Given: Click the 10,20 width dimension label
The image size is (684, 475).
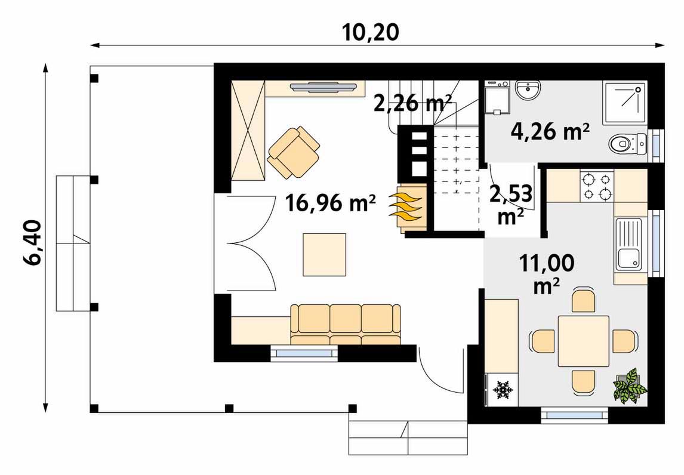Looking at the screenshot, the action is pyautogui.click(x=370, y=32).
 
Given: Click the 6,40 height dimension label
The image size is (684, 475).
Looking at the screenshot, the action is pyautogui.click(x=33, y=242).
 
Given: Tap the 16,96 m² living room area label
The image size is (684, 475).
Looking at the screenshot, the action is pyautogui.click(x=330, y=203).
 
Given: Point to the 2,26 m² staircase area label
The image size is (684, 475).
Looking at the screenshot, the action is pyautogui.click(x=412, y=103).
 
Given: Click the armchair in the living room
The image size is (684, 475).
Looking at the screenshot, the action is pyautogui.click(x=294, y=152).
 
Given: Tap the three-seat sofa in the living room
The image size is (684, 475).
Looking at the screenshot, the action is pyautogui.click(x=346, y=324).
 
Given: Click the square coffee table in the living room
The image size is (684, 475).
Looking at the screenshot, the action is pyautogui.click(x=325, y=254).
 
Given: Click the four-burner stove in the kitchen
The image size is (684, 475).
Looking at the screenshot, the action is pyautogui.click(x=597, y=186).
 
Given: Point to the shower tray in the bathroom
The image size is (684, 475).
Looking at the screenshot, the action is pyautogui.click(x=624, y=103).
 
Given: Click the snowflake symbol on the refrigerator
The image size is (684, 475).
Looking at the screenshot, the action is pyautogui.click(x=503, y=390).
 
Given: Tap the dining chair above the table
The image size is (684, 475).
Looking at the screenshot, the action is pyautogui.click(x=583, y=299).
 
